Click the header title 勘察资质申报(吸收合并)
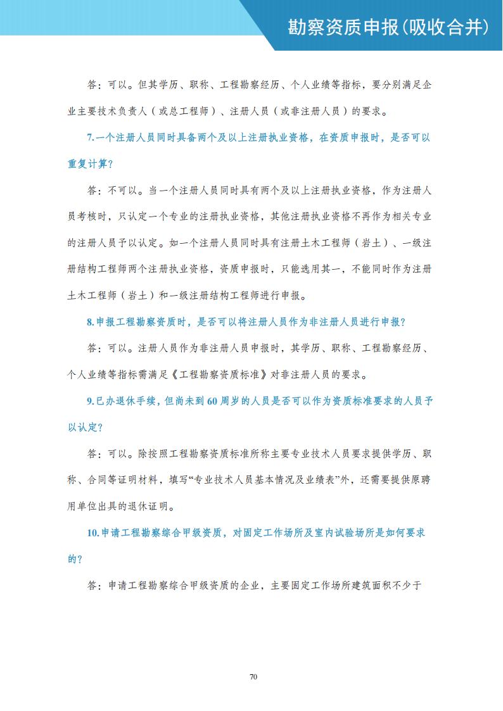coord(388,26)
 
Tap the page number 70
coord(253,677)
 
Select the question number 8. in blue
coord(90,322)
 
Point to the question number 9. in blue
coord(90,401)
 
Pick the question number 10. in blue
coord(92,533)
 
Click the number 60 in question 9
coord(213,401)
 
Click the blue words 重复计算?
coord(90,164)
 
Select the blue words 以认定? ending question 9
coord(86,427)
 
